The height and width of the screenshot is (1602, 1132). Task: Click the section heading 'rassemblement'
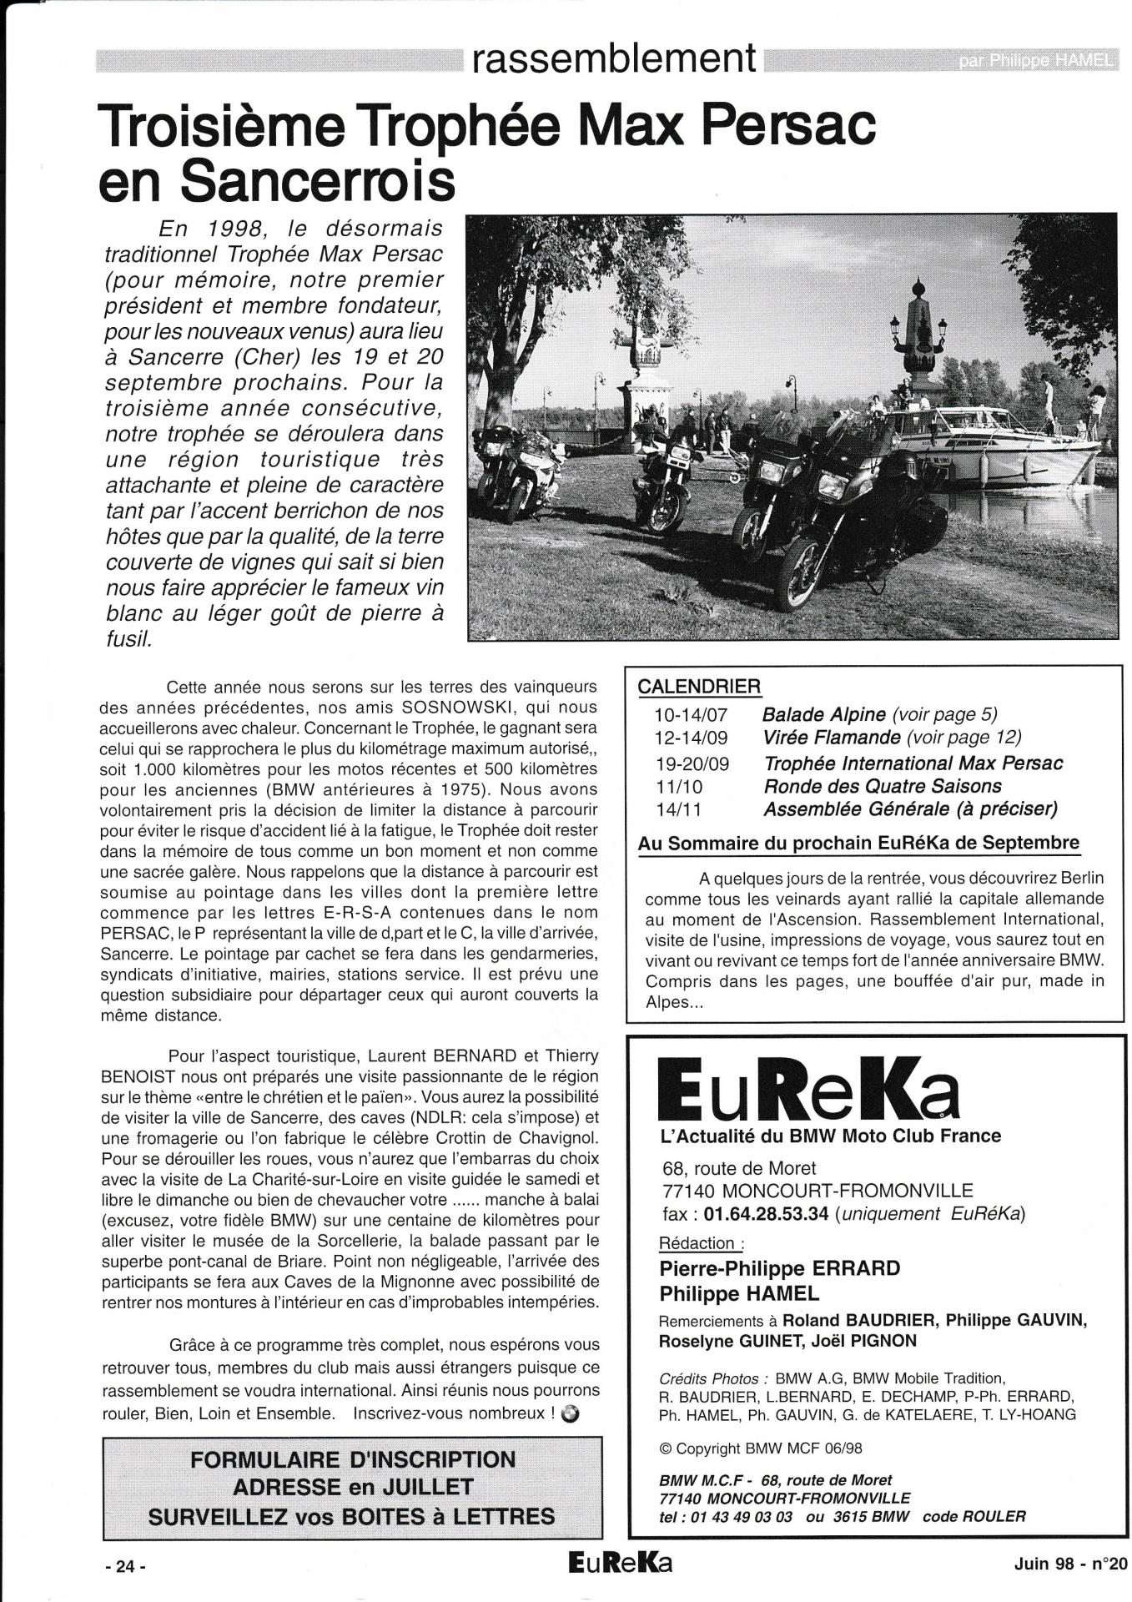614,58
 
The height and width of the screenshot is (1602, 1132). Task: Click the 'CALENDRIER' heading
698,687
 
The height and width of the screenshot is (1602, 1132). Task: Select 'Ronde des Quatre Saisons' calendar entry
882,786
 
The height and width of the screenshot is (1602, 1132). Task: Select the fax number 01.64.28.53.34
766,1214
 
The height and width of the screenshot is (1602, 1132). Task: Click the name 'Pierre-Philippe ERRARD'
779,1269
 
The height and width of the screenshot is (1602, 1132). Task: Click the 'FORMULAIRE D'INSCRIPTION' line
353,1460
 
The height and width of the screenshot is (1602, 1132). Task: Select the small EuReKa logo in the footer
618,1563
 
